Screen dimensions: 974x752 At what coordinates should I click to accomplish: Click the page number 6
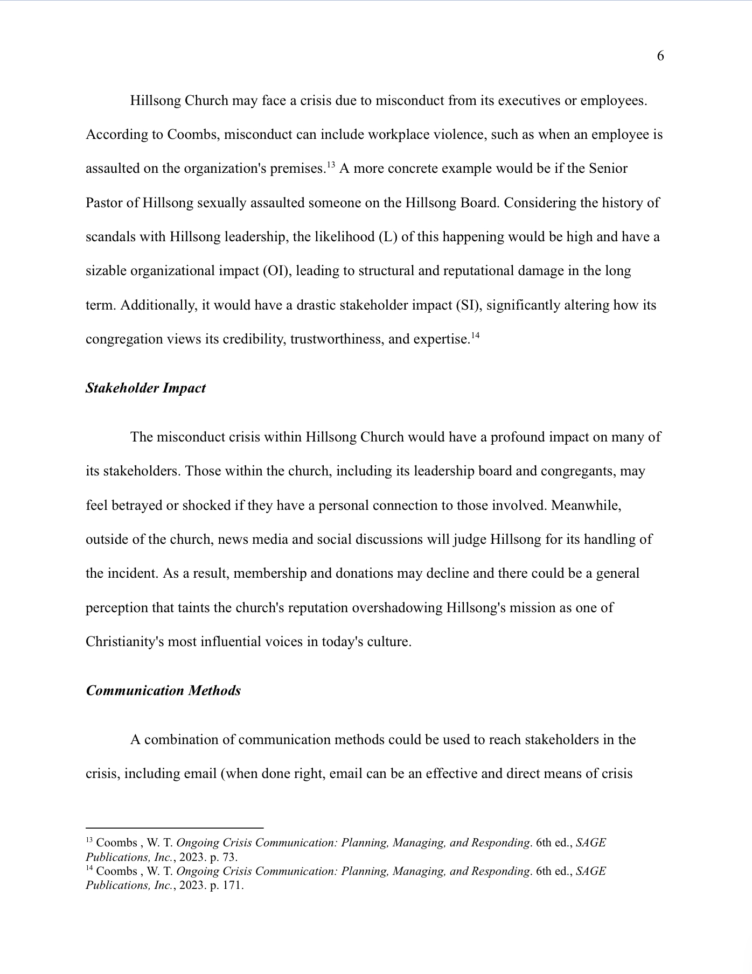pos(660,56)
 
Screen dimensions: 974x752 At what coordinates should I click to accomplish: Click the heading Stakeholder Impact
pos(145,388)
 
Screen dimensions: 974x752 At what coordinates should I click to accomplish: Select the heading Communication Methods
pos(163,691)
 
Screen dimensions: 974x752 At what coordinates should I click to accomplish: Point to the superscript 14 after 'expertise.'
pos(475,336)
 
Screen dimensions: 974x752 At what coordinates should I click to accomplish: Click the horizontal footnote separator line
pos(175,828)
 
